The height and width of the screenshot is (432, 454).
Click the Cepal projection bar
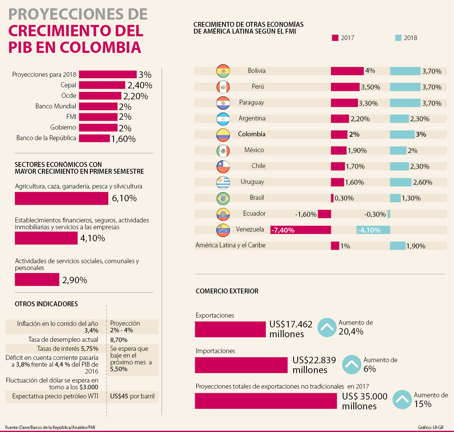[x=102, y=85]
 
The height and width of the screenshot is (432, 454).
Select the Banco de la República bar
[x=94, y=138]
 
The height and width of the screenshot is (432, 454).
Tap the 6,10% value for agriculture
[x=124, y=198]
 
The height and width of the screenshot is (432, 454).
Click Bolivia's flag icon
[x=223, y=71]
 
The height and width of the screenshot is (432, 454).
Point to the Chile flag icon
[x=223, y=166]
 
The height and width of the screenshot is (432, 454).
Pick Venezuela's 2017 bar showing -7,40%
[x=300, y=230]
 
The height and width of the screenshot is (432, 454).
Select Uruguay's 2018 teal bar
[x=400, y=182]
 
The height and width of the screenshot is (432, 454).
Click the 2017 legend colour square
[x=335, y=38]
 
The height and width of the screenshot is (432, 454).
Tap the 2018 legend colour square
[x=398, y=38]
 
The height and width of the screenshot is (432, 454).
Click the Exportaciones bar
[x=230, y=329]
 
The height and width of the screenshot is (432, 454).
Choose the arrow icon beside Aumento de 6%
[x=351, y=364]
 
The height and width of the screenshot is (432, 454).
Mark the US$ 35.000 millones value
[x=364, y=401]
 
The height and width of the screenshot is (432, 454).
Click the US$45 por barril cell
[x=132, y=397]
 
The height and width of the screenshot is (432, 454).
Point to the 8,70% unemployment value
[x=119, y=340]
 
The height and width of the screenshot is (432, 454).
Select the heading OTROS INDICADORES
[x=46, y=304]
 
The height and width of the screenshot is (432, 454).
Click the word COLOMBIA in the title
[x=100, y=48]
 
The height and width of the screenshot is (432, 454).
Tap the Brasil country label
[x=257, y=198]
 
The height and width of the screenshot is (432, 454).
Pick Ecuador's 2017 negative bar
[x=324, y=214]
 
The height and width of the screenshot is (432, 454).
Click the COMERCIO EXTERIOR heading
[x=227, y=291]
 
